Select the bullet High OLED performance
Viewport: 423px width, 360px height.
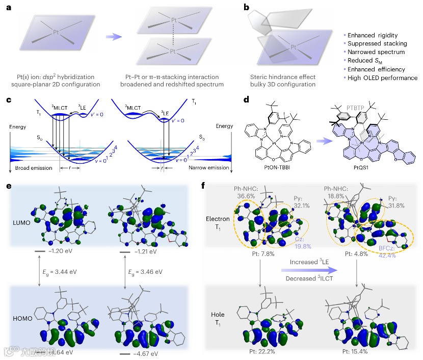382,78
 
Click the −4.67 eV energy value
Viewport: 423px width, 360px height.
146,352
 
